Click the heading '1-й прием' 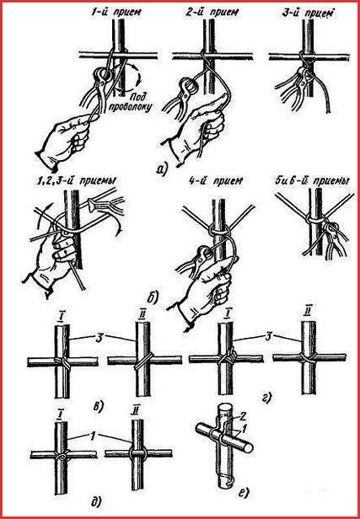tap(116, 13)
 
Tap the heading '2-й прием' tap(212, 13)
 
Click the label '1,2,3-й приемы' tap(75, 181)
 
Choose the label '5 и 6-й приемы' tap(312, 181)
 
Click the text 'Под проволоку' tap(137, 102)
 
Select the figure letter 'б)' tap(153, 298)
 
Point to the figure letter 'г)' tap(267, 398)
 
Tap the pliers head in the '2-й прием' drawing tap(190, 87)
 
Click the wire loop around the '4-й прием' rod tap(219, 231)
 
